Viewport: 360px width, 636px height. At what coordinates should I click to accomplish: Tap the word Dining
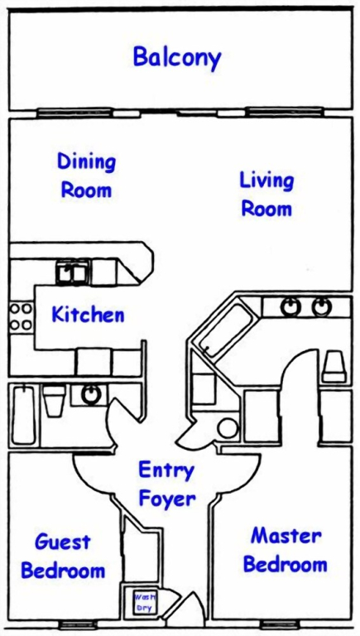coord(86,162)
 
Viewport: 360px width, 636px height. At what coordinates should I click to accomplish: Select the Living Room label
coord(266,195)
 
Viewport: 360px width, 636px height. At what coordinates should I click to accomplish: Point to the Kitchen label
coord(88,315)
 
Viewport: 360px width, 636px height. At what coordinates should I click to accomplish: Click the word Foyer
coord(167,498)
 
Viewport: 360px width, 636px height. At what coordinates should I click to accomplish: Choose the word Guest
coord(63,542)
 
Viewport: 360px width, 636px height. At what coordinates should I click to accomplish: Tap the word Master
coord(286,537)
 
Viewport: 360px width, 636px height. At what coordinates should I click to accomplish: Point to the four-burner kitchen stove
coord(21,316)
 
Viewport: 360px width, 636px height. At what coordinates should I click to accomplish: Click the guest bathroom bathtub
coord(23,415)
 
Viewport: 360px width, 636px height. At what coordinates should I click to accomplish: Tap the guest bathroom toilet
coord(55,400)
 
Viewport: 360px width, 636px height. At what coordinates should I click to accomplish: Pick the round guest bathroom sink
coord(90,394)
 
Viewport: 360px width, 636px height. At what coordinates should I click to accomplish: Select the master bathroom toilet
coord(335,367)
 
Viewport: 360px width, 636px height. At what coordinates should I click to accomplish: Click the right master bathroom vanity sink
coord(322,306)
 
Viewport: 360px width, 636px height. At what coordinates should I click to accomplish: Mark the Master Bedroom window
coord(279,624)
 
